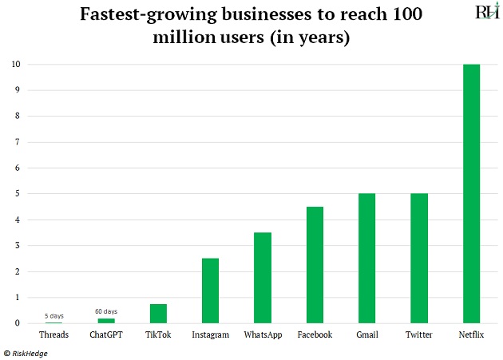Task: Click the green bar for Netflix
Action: click(471, 194)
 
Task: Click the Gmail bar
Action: click(366, 259)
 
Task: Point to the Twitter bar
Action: click(418, 259)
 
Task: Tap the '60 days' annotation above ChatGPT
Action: click(105, 311)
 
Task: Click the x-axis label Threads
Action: click(53, 335)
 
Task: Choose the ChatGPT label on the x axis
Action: click(105, 335)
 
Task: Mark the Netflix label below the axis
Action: click(471, 335)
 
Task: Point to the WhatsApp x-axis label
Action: click(263, 335)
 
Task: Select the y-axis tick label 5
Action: click(17, 194)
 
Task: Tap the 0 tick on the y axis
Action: click(17, 323)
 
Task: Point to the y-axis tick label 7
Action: click(17, 142)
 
